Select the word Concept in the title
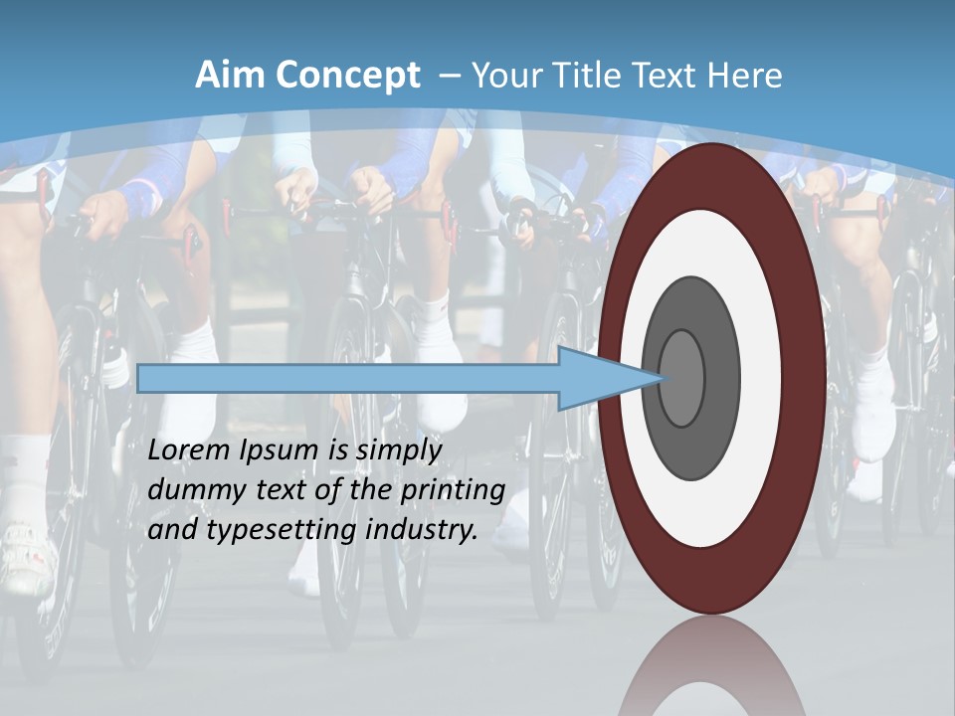(x=346, y=76)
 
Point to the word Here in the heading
(x=744, y=76)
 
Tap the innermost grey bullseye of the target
(x=681, y=378)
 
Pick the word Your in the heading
(x=504, y=76)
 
